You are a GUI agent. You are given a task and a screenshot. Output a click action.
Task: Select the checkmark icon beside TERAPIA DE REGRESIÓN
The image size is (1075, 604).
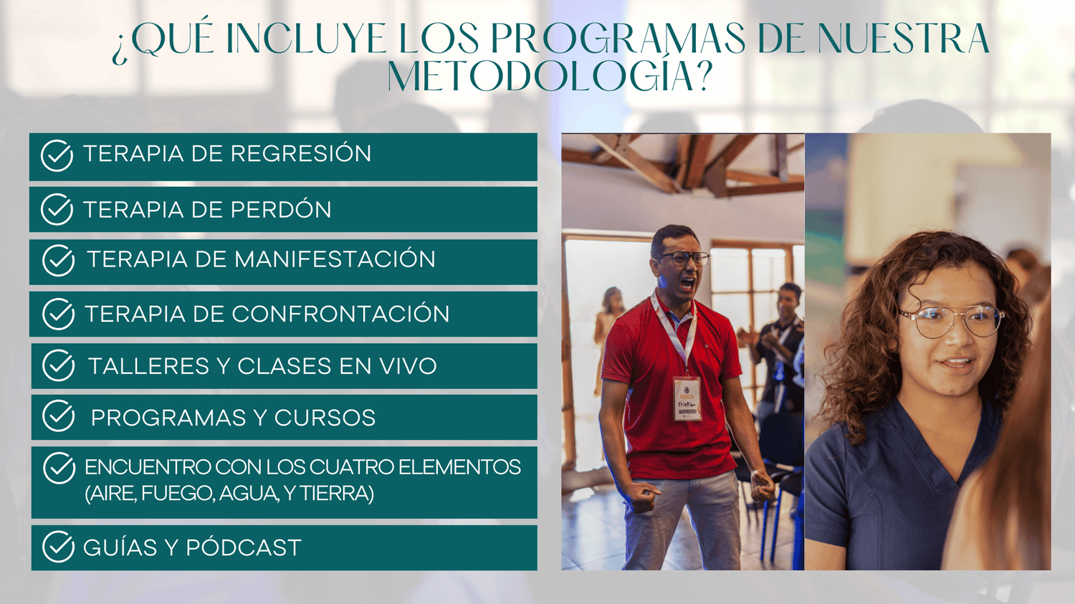point(57,155)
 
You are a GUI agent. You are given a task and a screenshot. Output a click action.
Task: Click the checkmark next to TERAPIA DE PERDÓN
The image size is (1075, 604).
point(57,210)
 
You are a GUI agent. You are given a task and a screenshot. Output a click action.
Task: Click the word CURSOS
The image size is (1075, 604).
point(325,418)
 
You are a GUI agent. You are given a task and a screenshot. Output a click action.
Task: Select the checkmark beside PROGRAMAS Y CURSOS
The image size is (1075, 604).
point(59,416)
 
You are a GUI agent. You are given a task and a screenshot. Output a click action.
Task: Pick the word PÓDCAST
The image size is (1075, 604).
point(244,547)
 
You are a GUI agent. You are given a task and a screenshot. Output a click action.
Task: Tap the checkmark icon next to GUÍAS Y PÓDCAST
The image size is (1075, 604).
point(59,547)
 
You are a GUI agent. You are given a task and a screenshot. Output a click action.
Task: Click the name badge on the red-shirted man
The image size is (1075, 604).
point(687,398)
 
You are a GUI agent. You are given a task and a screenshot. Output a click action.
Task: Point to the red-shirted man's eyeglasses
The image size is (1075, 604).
point(682,259)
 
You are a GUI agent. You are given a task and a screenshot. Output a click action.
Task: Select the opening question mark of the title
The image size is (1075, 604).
point(119,53)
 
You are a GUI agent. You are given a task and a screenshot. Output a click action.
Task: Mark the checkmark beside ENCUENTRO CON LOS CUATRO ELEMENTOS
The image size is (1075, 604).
point(59,469)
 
